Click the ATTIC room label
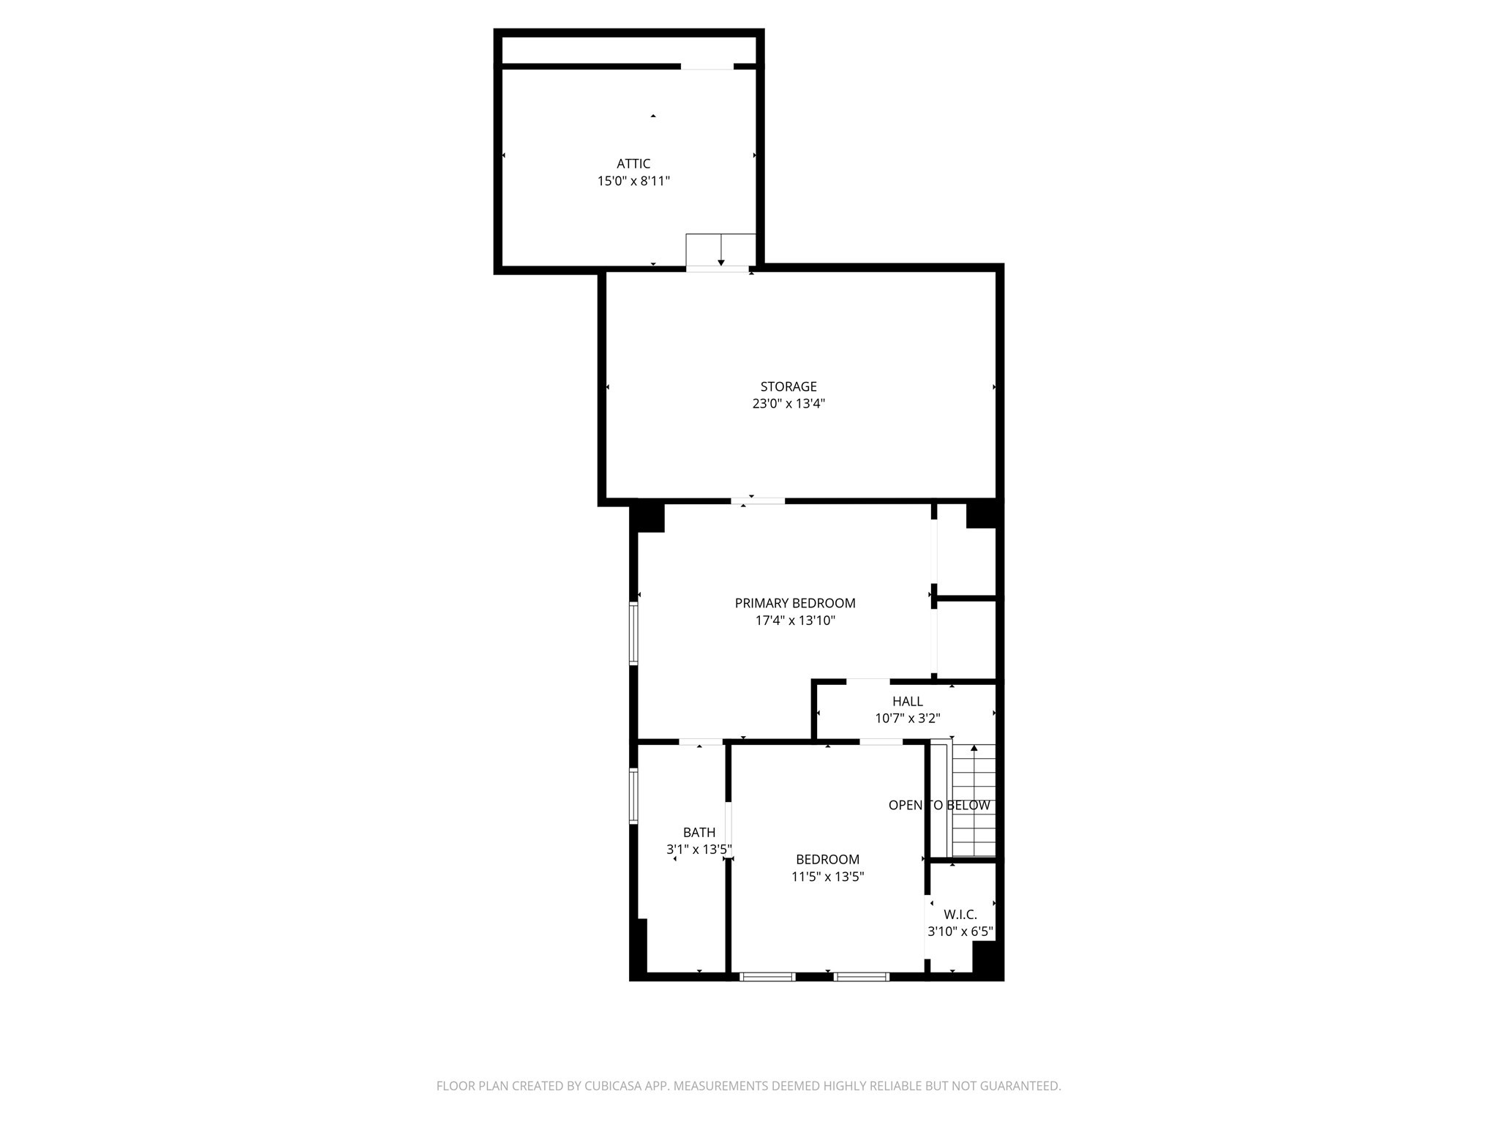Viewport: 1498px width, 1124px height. click(633, 164)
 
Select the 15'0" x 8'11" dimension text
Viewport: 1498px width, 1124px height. click(633, 181)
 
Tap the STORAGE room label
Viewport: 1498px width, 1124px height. click(788, 386)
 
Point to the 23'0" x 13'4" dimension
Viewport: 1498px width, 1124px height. click(788, 403)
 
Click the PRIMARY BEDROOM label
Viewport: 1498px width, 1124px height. click(794, 603)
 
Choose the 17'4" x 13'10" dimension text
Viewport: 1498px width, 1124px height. click(794, 621)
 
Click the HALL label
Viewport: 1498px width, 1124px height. click(907, 701)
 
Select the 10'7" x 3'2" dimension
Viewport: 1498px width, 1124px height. click(907, 719)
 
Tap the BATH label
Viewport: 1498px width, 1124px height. click(699, 832)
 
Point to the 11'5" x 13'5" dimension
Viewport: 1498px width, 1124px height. click(827, 877)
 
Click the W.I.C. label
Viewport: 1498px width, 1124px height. click(960, 915)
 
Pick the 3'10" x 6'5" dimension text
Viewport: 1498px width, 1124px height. click(960, 932)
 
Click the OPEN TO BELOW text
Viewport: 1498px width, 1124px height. click(938, 806)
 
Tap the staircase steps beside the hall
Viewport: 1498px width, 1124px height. click(974, 834)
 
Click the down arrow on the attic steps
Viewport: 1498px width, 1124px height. click(720, 261)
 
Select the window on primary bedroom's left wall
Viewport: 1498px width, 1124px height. click(633, 633)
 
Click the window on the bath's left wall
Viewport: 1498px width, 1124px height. click(633, 795)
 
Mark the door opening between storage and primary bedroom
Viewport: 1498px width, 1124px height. click(758, 501)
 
